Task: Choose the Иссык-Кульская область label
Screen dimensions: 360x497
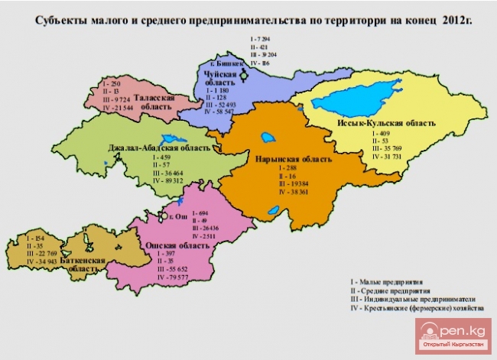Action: pyautogui.click(x=386, y=122)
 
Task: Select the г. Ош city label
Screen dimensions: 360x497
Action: pyautogui.click(x=177, y=216)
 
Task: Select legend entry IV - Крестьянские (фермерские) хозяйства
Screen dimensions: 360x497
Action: pyautogui.click(x=413, y=309)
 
